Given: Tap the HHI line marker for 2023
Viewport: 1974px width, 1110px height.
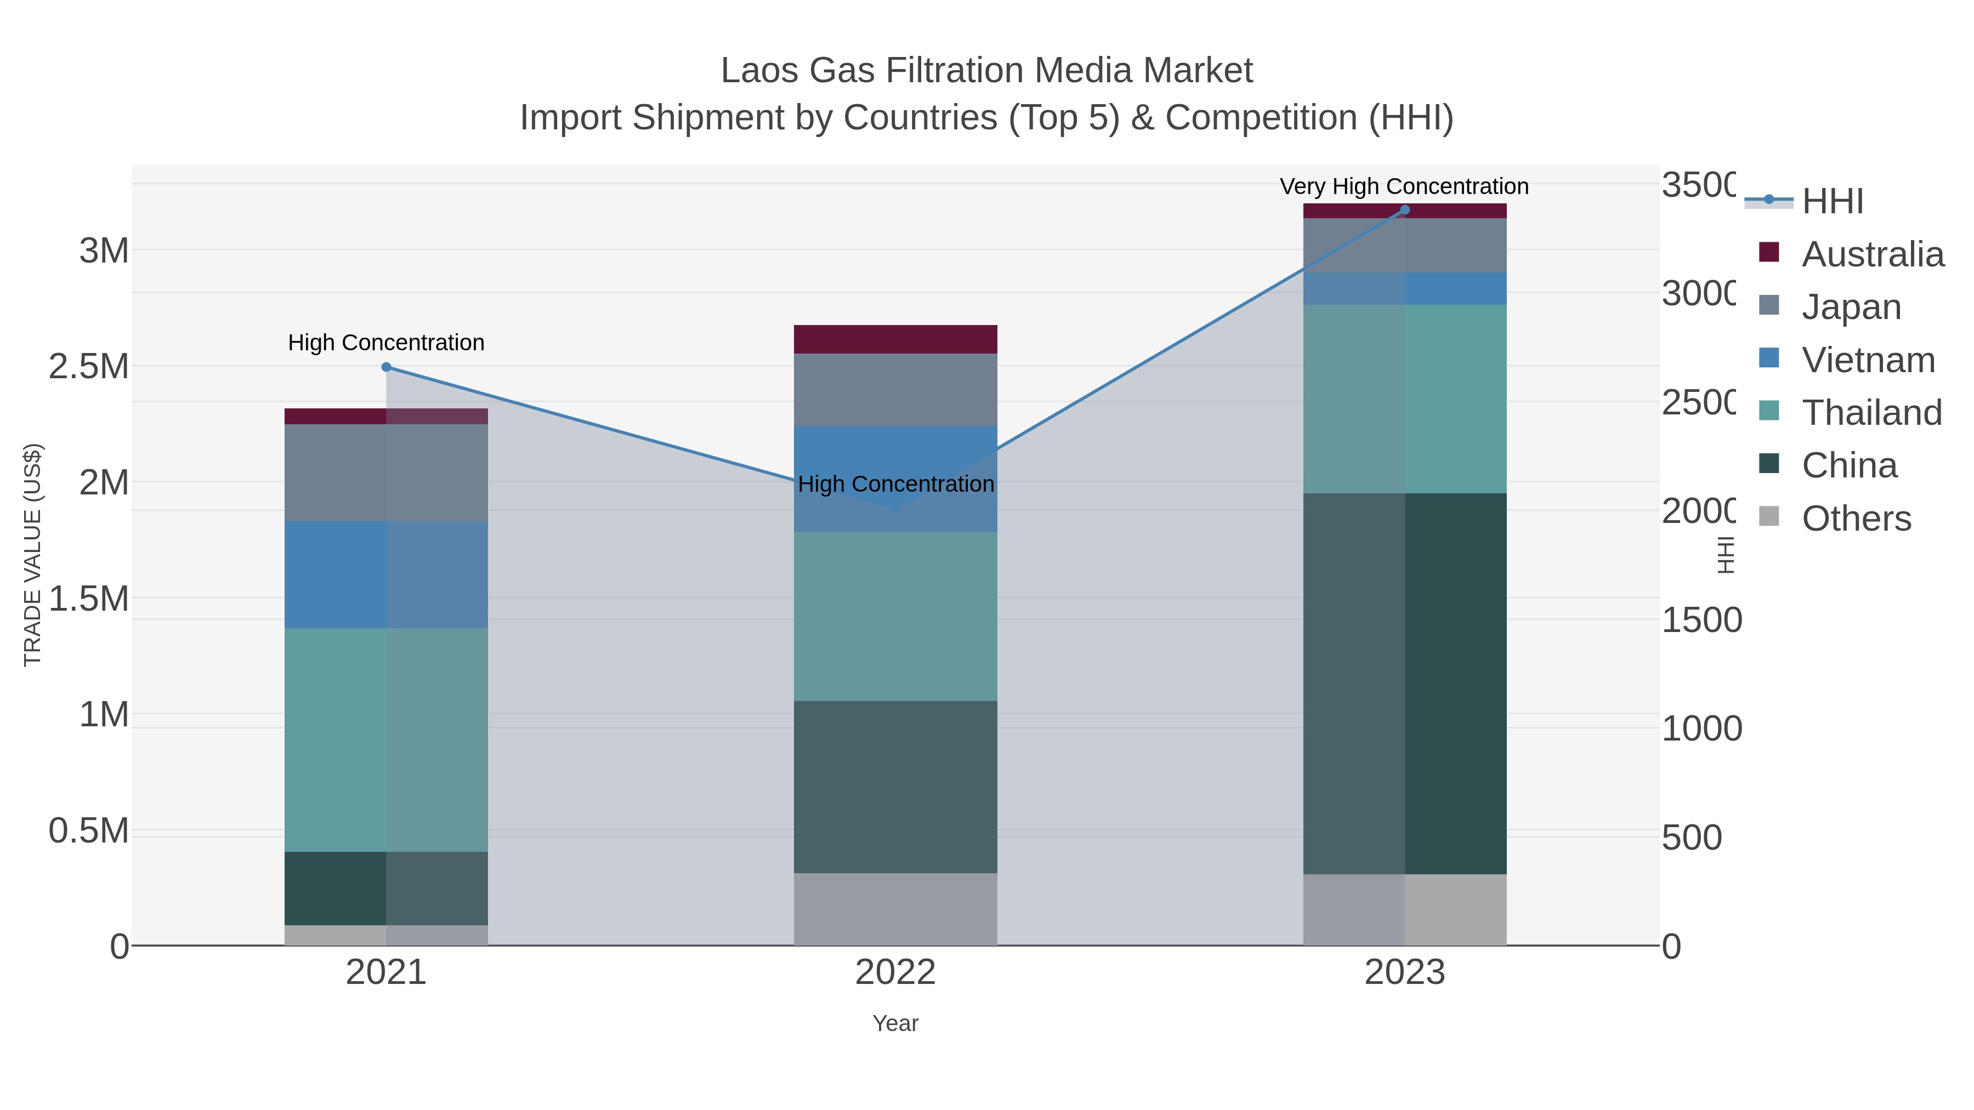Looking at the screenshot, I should click(x=1405, y=210).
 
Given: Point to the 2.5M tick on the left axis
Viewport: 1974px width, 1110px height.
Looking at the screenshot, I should click(x=89, y=366).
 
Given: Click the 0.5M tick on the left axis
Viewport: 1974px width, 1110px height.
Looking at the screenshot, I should click(x=89, y=830).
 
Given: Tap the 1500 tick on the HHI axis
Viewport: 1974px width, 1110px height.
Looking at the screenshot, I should click(x=1701, y=620).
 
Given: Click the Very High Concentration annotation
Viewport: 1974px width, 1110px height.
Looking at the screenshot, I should click(x=1404, y=187).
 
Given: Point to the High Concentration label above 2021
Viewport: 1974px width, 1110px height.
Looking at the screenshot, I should click(x=386, y=343).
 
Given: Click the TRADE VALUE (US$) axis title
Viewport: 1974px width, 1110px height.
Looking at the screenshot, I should click(x=33, y=555).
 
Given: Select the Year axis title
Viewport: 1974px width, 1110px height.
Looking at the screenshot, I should click(x=895, y=1023).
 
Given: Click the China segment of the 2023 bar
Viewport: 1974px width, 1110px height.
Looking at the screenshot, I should click(x=1405, y=684).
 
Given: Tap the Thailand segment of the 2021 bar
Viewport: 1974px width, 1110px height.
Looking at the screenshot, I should click(x=386, y=739).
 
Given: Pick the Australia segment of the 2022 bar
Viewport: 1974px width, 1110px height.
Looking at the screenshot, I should click(x=895, y=339).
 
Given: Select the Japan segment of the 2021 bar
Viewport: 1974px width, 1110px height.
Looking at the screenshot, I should click(x=386, y=473).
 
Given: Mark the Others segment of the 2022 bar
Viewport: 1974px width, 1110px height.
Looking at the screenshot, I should click(x=895, y=909).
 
